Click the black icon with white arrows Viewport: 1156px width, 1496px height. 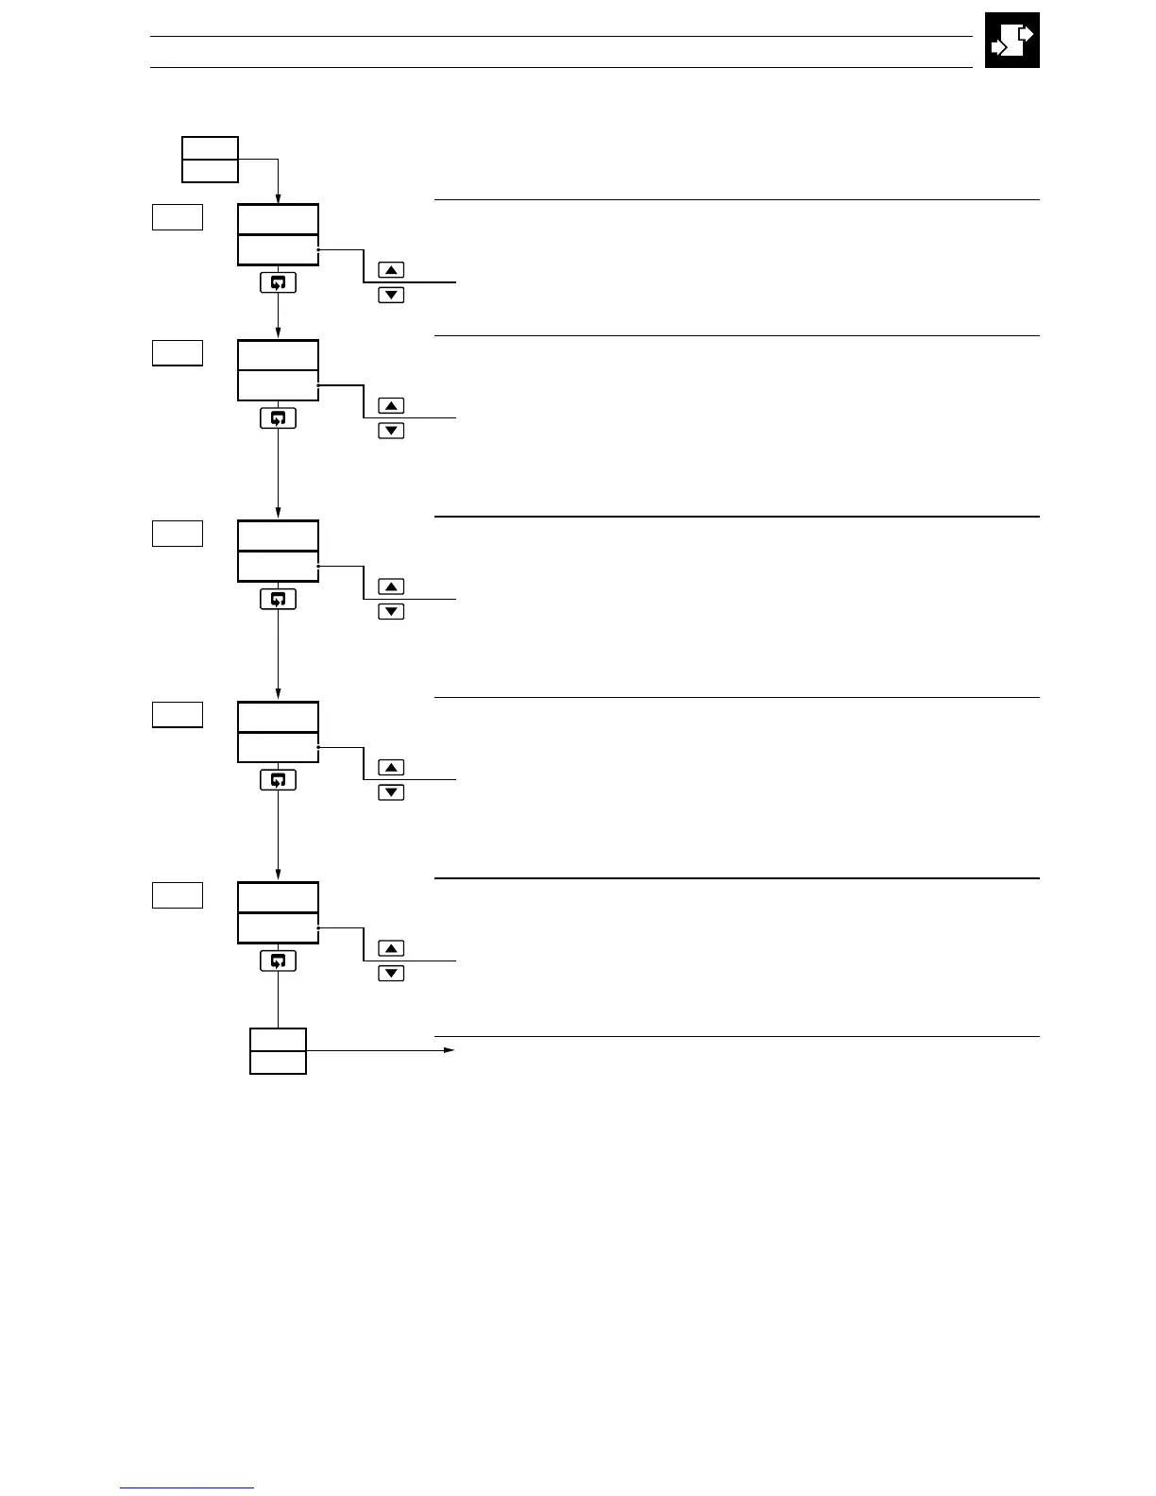(1011, 40)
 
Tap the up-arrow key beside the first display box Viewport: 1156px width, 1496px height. (391, 270)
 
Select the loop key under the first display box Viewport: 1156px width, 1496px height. (278, 281)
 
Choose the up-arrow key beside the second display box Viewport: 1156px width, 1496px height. (391, 406)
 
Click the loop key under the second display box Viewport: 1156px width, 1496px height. (278, 417)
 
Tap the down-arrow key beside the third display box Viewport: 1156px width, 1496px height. (391, 612)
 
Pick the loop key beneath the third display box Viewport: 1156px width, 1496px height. (278, 599)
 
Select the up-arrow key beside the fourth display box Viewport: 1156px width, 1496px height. (391, 768)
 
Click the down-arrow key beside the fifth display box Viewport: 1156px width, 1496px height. (391, 974)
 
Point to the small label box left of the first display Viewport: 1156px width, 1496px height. (178, 217)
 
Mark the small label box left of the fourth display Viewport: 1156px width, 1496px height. (178, 715)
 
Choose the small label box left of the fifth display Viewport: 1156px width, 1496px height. (178, 895)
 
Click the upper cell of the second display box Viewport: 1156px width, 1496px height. (278, 355)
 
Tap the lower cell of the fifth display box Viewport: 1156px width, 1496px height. (278, 928)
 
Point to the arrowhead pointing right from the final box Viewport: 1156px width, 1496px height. (450, 1050)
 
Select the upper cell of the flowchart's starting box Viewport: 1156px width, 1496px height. (210, 147)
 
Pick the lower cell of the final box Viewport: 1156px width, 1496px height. (278, 1062)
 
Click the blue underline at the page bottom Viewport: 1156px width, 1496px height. (187, 1488)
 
